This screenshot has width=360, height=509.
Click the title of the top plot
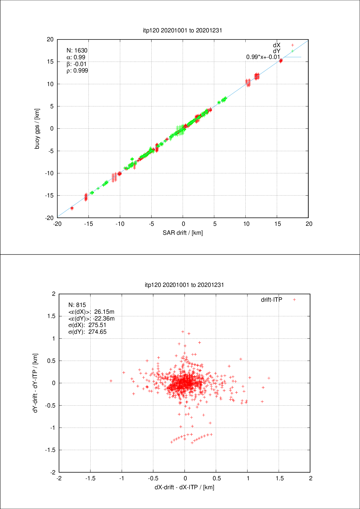pyautogui.click(x=182, y=30)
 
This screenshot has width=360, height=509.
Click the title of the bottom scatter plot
pyautogui.click(x=184, y=285)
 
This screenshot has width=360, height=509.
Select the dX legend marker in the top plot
pyautogui.click(x=292, y=45)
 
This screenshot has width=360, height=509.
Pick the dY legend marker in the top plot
pyautogui.click(x=292, y=51)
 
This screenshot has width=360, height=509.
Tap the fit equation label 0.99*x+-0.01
pyautogui.click(x=263, y=57)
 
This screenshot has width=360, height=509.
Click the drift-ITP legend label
pyautogui.click(x=272, y=300)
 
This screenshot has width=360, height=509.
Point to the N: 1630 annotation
pyautogui.click(x=77, y=50)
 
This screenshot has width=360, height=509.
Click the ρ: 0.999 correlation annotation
pyautogui.click(x=77, y=71)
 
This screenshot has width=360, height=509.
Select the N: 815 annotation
pyautogui.click(x=77, y=305)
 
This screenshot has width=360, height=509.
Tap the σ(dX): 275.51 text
pyautogui.click(x=87, y=325)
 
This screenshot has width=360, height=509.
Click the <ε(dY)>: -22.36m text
pyautogui.click(x=91, y=318)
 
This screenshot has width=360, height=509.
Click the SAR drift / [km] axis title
pyautogui.click(x=183, y=233)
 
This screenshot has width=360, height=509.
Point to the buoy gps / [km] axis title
pyautogui.click(x=37, y=129)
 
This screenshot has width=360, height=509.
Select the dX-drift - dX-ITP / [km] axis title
pyautogui.click(x=184, y=487)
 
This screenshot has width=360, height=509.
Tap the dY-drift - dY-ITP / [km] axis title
pyautogui.click(x=36, y=383)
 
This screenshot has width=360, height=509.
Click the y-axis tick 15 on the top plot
pyautogui.click(x=50, y=62)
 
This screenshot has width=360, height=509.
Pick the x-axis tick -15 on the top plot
pyautogui.click(x=88, y=224)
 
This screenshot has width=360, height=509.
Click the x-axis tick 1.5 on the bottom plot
pyautogui.click(x=279, y=478)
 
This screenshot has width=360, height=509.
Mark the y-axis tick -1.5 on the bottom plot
pyautogui.click(x=51, y=450)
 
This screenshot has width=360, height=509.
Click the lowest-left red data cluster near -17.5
pyautogui.click(x=72, y=208)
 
